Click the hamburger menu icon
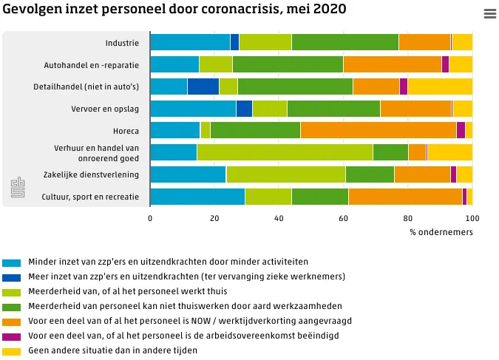(489, 14)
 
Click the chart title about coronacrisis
(174, 10)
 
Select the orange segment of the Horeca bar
(378, 131)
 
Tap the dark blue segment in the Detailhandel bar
(203, 86)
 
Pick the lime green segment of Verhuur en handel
(285, 152)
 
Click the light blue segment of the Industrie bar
(190, 42)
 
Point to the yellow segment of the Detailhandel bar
(440, 86)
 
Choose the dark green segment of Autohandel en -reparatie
(288, 64)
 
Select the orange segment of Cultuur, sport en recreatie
(405, 197)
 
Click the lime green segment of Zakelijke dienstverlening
(285, 174)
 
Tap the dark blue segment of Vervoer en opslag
(244, 109)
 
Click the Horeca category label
(126, 131)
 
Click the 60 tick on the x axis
(344, 219)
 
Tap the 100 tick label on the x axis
(472, 219)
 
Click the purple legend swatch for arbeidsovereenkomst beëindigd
(12, 336)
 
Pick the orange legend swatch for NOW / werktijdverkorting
(12, 322)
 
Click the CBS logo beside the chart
(17, 188)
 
